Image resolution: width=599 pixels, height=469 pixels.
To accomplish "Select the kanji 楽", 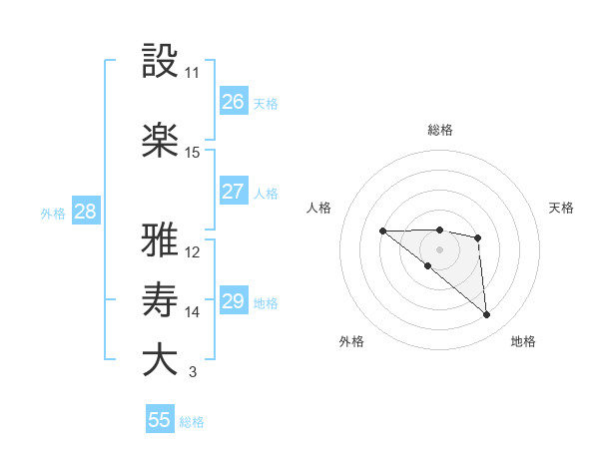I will (x=161, y=140).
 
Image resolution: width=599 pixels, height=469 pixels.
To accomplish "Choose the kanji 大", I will (x=161, y=359).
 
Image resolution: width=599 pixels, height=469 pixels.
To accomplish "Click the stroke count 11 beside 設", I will (x=193, y=73).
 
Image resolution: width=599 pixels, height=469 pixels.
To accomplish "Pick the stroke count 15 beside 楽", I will (x=193, y=153).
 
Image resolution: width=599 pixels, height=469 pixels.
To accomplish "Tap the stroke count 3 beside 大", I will (x=193, y=373).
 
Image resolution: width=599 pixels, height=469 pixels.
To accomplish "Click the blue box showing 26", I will (x=233, y=102).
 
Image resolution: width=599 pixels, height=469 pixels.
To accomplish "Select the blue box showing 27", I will (x=233, y=192).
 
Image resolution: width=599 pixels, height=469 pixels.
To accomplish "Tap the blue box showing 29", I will (x=233, y=301).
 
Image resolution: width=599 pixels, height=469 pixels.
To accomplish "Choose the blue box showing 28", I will (x=85, y=212).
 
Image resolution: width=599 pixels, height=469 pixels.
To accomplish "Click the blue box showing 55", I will (x=160, y=420).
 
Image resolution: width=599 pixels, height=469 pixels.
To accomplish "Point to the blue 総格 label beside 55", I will (x=193, y=422).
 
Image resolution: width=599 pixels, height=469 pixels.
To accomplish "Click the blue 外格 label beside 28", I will (x=53, y=213).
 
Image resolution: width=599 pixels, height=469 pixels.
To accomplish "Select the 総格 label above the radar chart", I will (x=440, y=130).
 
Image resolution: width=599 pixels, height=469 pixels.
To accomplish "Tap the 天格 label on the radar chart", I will (x=562, y=208).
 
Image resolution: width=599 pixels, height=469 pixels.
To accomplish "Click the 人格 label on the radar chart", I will (x=319, y=208).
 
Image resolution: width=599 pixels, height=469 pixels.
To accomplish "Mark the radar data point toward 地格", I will (x=486, y=315).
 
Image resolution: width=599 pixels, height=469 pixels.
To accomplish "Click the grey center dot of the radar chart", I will (x=439, y=248).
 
